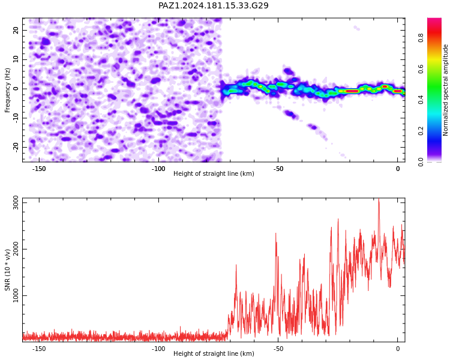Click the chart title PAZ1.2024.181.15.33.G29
(214, 5)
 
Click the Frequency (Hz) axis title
(7, 90)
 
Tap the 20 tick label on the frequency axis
(16, 30)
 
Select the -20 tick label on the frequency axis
(16, 147)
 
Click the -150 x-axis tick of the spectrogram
(39, 169)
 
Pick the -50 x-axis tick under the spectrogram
(278, 169)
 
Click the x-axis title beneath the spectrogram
(214, 173)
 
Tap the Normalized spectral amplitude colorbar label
(445, 90)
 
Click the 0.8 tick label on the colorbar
(421, 38)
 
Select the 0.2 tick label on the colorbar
(421, 131)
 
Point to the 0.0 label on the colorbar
(421, 162)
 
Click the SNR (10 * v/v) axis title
(7, 270)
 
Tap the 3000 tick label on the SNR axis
(16, 203)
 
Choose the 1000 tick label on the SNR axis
(16, 295)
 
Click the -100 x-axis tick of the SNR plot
(158, 349)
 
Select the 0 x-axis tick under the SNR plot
(398, 349)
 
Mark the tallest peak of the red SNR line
(379, 199)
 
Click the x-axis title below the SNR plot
(214, 353)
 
